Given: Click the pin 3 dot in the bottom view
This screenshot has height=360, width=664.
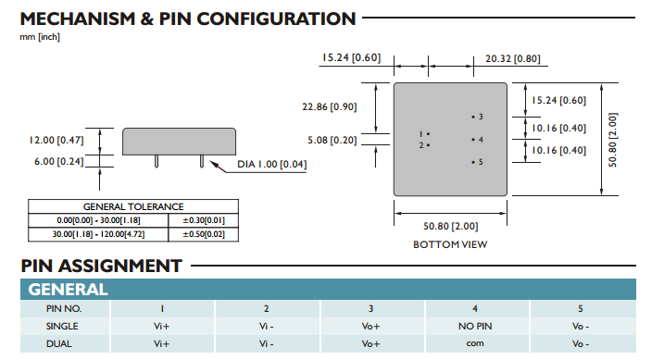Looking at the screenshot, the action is (x=473, y=117).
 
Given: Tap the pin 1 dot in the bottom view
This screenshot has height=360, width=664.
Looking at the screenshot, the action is (x=428, y=134).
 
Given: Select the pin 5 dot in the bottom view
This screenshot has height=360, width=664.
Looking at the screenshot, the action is (x=473, y=162).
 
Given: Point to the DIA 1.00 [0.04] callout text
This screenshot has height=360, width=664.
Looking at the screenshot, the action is (x=272, y=164).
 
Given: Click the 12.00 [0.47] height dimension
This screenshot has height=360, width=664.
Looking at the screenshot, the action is (x=56, y=140).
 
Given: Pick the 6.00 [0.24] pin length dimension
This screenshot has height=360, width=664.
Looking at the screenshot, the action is (x=59, y=161).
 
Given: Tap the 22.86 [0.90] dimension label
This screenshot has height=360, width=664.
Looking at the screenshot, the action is (x=330, y=106).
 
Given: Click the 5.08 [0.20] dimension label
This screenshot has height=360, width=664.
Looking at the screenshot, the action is (x=332, y=140).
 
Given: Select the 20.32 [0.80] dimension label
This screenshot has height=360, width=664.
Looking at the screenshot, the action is (x=513, y=58).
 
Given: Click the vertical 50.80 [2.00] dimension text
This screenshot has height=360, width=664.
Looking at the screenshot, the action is (x=613, y=140).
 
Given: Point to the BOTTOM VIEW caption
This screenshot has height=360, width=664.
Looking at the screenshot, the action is (x=450, y=244).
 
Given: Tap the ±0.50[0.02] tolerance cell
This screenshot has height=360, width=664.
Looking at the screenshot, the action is (x=204, y=234).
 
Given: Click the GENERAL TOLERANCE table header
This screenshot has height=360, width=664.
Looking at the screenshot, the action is (x=133, y=207).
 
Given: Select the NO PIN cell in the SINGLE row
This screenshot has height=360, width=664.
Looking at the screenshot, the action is (x=475, y=326).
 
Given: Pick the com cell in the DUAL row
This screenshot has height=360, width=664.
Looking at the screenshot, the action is (x=475, y=343).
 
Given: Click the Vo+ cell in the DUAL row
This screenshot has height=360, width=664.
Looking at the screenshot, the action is (x=371, y=343).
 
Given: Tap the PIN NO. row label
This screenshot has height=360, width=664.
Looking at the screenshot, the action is (x=64, y=309).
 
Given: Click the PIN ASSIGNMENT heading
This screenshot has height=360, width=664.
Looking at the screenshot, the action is (x=102, y=266).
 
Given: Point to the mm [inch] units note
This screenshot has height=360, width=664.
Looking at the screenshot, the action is (x=40, y=37).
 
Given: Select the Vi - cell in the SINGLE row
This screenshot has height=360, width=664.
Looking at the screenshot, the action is (x=267, y=326).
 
